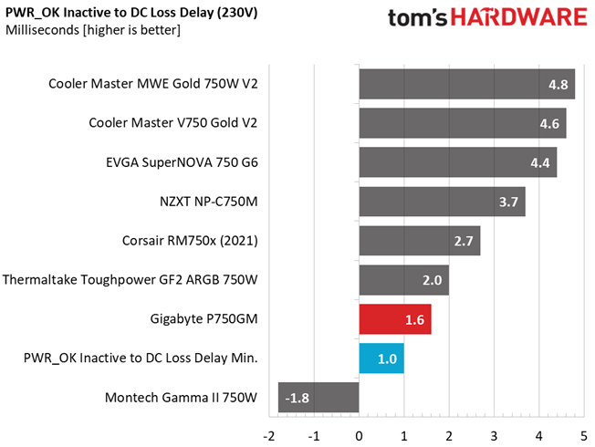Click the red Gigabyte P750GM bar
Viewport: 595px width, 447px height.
(x=395, y=319)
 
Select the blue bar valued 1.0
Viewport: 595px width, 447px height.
(x=381, y=359)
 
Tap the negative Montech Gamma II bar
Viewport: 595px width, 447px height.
(x=318, y=398)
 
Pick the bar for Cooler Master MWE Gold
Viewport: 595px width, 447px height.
(x=467, y=84)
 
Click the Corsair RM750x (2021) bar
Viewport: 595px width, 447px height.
(x=420, y=241)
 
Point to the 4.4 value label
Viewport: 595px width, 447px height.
(x=540, y=162)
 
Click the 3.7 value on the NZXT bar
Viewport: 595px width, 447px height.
(x=508, y=202)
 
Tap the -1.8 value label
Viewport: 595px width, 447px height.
(x=297, y=398)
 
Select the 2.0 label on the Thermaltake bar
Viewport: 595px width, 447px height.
(x=433, y=280)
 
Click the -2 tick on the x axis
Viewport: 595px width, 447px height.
(x=268, y=436)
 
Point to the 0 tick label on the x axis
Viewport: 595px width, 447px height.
(x=359, y=436)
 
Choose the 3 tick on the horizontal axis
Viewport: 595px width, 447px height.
(x=494, y=436)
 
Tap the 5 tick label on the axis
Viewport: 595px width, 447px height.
(x=584, y=436)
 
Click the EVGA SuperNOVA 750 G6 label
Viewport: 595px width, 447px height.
(x=182, y=162)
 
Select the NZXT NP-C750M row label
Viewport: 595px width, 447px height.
(x=209, y=202)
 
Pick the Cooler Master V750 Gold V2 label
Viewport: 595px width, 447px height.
(x=173, y=123)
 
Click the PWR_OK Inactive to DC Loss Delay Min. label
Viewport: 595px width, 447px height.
(x=141, y=358)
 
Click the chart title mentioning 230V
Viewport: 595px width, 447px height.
(x=131, y=14)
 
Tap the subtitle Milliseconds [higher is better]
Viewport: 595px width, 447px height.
(x=93, y=30)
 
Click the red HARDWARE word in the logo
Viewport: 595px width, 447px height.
(x=518, y=17)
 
